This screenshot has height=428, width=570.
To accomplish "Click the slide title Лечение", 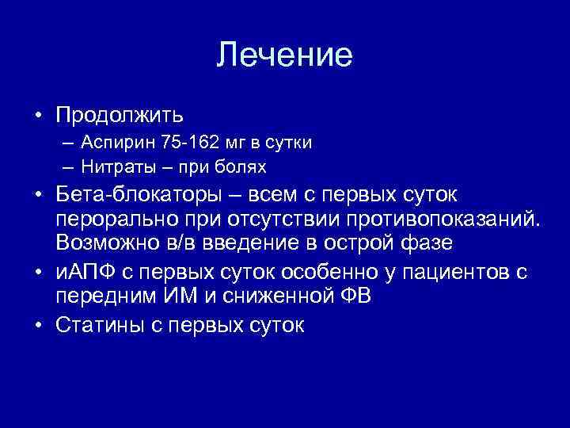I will pos(284,55).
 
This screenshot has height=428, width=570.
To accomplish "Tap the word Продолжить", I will pos(120,115).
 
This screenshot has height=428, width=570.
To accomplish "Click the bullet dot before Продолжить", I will pos(38,116).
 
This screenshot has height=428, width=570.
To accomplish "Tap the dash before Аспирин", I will pos(65,143).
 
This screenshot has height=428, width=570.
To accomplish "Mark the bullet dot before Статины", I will pos(38,327).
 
